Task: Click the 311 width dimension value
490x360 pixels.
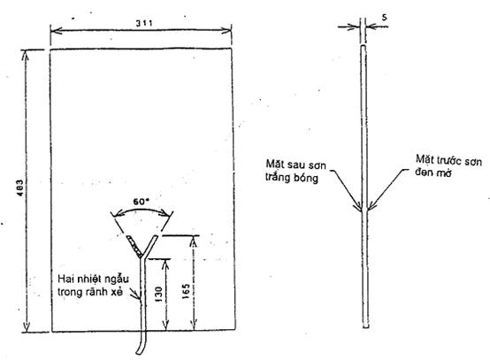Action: pyautogui.click(x=144, y=23)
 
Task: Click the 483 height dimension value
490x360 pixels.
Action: pyautogui.click(x=20, y=188)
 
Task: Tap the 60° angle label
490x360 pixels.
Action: pyautogui.click(x=140, y=202)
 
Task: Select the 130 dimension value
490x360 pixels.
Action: pyautogui.click(x=158, y=294)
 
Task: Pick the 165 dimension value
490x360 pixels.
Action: pyautogui.click(x=186, y=291)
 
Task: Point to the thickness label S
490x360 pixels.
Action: pyautogui.click(x=384, y=18)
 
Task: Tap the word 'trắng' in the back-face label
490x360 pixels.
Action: pyautogui.click(x=278, y=178)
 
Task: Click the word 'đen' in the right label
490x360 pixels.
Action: pyautogui.click(x=423, y=172)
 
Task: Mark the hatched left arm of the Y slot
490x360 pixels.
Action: pyautogui.click(x=134, y=246)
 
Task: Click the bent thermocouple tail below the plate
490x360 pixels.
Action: pyautogui.click(x=142, y=342)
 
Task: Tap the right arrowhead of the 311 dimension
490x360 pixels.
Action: pyautogui.click(x=226, y=30)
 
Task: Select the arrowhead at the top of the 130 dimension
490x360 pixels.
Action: pyautogui.click(x=166, y=265)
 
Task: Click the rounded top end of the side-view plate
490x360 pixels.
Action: pyautogui.click(x=364, y=46)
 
